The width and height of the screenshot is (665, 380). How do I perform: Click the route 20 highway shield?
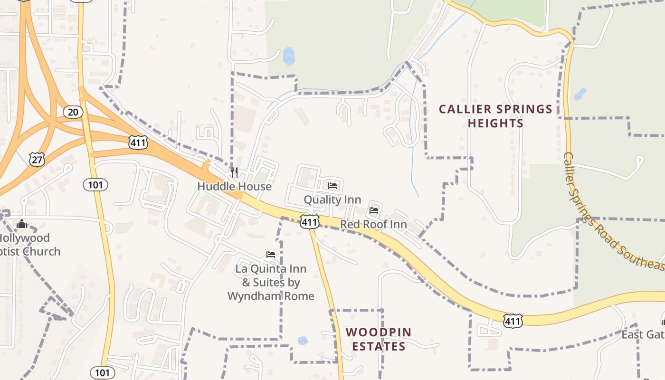pos(73,112)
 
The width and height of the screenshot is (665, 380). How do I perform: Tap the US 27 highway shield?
pos(37,159)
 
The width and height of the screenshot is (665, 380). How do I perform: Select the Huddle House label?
pos(234,186)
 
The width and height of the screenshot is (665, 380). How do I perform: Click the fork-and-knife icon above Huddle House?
pos(234,172)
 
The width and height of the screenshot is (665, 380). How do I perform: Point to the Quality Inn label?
pos(332,199)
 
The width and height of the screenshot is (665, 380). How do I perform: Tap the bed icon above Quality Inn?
pos(332,185)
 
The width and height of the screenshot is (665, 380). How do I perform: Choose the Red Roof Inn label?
pos(373,224)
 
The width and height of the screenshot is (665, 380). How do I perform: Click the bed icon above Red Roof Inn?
pos(374,210)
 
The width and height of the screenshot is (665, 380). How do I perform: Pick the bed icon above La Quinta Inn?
pos(271,255)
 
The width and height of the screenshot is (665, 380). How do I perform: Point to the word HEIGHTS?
pos(495,123)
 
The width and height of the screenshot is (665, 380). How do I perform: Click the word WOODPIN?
pos(379,332)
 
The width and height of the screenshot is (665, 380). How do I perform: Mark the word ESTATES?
pos(379,346)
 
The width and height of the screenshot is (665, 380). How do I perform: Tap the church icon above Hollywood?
pos(22,224)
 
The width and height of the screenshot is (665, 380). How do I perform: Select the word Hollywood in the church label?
pos(24,237)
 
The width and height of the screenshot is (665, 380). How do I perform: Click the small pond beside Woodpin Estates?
pos(303,341)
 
